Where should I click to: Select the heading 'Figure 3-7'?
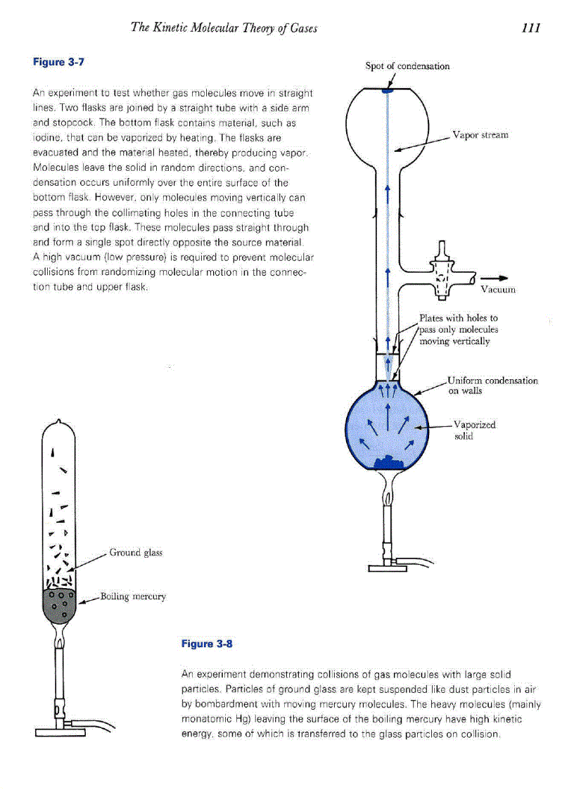pyautogui.click(x=59, y=62)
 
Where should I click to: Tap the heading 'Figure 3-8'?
pyautogui.click(x=207, y=643)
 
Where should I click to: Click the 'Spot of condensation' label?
pyautogui.click(x=407, y=66)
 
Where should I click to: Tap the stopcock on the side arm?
pyautogui.click(x=442, y=271)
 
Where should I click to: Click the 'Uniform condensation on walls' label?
pyautogui.click(x=492, y=386)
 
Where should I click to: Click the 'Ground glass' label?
pyautogui.click(x=136, y=552)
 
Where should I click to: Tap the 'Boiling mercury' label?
pyautogui.click(x=133, y=597)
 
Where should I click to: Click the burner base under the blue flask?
pyautogui.click(x=388, y=568)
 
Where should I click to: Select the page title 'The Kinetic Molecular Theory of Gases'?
pyautogui.click(x=224, y=28)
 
